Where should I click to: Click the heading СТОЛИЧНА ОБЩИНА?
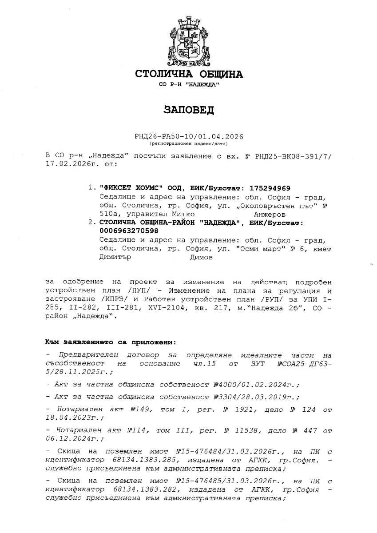coord(189,74)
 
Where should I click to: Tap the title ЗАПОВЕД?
coord(189,110)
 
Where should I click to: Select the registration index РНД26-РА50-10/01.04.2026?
coord(189,137)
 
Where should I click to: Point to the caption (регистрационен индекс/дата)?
coord(189,144)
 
